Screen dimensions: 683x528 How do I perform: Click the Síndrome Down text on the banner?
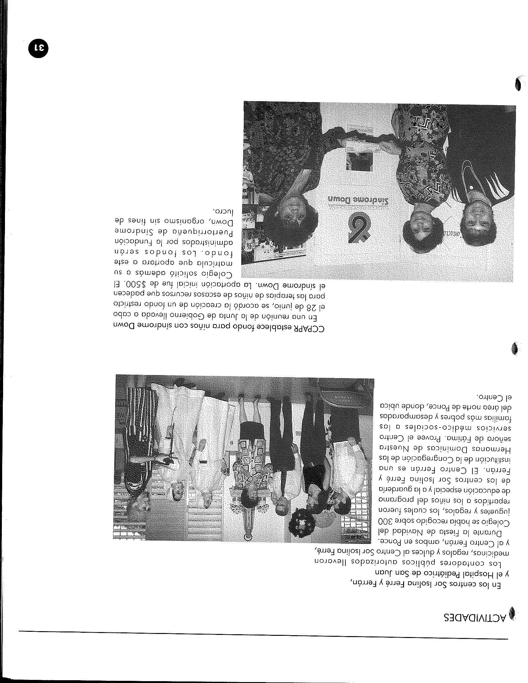point(358,200)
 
